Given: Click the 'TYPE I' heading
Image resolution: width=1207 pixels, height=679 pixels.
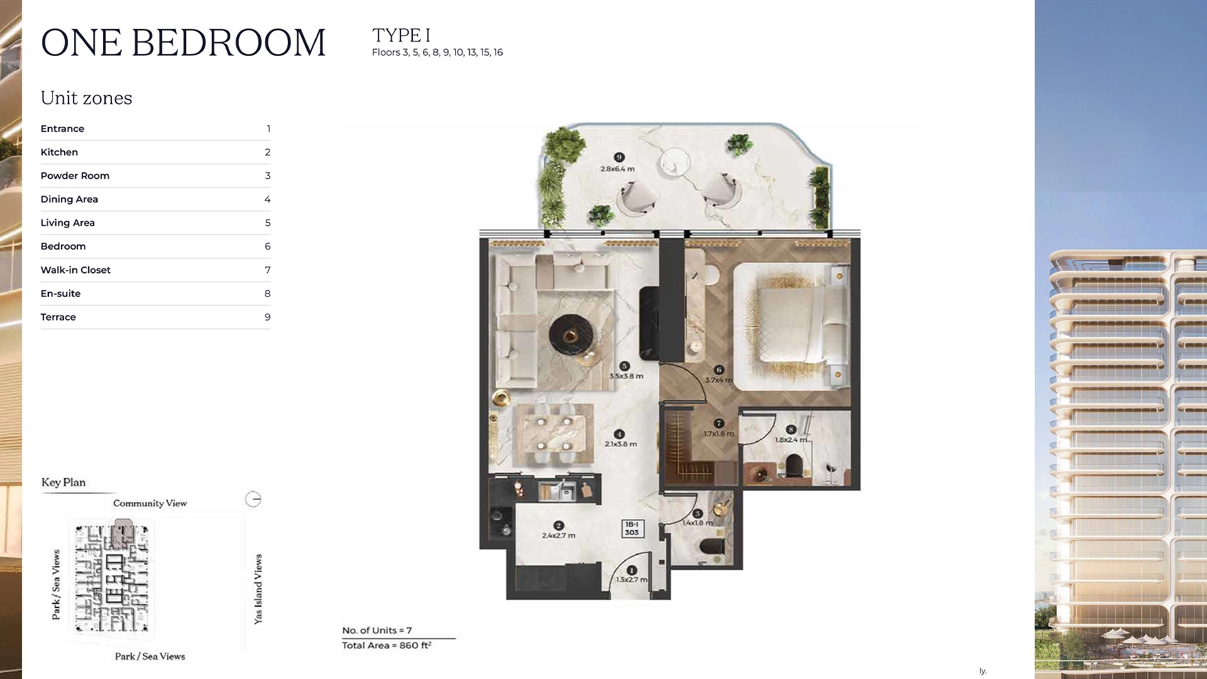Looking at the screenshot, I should click(401, 35).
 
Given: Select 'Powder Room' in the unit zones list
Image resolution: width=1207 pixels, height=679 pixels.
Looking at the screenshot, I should click(75, 176).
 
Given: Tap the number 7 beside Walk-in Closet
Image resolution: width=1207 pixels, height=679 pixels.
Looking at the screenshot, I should click(268, 270).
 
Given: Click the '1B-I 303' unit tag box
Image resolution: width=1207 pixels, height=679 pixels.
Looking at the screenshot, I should click(632, 528).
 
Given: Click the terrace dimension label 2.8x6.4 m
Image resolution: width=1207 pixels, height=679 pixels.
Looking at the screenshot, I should click(617, 168).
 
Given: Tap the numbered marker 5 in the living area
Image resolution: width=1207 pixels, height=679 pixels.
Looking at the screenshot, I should click(624, 366).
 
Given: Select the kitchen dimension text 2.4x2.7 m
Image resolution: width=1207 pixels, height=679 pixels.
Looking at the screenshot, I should click(558, 536).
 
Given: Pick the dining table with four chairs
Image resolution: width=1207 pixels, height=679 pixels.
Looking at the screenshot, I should click(554, 434).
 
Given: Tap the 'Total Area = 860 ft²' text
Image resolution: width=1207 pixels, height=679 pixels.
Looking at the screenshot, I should click(387, 646).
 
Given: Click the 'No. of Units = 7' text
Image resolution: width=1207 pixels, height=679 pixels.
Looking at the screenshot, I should click(377, 631).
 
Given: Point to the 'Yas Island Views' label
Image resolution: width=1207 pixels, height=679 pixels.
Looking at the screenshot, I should click(258, 589).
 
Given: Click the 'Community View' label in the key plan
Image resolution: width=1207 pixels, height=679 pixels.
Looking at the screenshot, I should click(150, 504).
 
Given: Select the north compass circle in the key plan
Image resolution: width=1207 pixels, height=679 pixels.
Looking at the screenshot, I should click(253, 499).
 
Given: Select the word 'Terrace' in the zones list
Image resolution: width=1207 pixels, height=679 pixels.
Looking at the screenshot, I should click(58, 317).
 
